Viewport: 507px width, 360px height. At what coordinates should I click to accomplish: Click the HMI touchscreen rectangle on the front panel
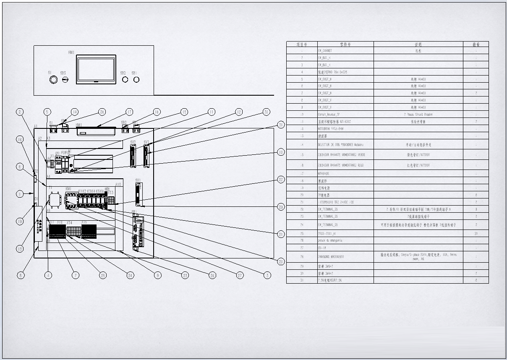tap(96, 69)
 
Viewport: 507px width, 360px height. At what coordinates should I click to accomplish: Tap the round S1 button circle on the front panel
tap(53, 79)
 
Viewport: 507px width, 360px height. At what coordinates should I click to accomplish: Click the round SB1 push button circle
tap(136, 79)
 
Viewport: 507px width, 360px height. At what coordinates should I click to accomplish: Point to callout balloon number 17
tap(130, 112)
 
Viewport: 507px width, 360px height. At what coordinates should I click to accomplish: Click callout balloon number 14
tap(74, 112)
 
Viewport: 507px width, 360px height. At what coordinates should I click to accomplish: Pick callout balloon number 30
tap(266, 112)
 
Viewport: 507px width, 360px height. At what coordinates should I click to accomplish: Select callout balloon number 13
tap(20, 249)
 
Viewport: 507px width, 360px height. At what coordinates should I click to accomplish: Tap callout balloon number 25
tap(102, 275)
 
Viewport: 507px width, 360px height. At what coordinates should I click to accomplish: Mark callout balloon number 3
tap(267, 275)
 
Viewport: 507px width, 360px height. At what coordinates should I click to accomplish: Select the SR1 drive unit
tap(138, 232)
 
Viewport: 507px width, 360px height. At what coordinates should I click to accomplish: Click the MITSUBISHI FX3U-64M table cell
tap(345, 128)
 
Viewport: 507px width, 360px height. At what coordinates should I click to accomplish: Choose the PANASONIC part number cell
tap(345, 256)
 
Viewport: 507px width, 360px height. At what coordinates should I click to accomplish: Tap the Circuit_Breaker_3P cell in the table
tap(345, 114)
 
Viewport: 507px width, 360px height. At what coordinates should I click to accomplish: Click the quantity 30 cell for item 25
tap(476, 233)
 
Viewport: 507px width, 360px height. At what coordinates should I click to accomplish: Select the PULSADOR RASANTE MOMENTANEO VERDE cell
tap(345, 155)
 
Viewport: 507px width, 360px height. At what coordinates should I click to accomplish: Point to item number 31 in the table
tap(302, 280)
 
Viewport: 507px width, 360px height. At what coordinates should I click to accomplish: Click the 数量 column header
tap(476, 44)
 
